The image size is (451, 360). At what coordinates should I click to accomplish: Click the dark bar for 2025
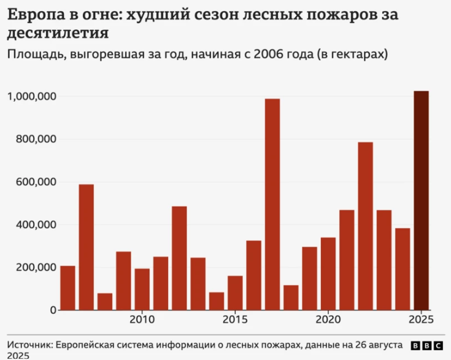[x=421, y=201]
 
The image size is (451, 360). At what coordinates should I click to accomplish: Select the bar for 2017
[x=272, y=204]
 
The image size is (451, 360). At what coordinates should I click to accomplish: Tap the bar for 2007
[x=87, y=247]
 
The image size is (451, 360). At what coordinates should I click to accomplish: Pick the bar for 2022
[x=365, y=226]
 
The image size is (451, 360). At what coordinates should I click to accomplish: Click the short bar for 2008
[x=105, y=302]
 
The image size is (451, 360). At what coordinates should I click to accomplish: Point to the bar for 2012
[x=179, y=258]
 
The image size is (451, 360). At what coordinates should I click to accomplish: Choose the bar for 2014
[x=217, y=301]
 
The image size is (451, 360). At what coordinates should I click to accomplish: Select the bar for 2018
[x=291, y=297]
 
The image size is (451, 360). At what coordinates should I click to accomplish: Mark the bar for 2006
[x=67, y=288]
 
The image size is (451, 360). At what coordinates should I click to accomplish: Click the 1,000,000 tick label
[x=32, y=96]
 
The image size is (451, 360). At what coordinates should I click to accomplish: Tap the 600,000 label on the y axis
[x=36, y=182]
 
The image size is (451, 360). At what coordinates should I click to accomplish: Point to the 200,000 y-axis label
[x=36, y=267]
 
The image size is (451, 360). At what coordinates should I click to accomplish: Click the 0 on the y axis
[x=53, y=310]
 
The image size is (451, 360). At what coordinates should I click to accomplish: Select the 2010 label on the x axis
[x=142, y=320]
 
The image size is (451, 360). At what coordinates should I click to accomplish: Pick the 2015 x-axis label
[x=235, y=320]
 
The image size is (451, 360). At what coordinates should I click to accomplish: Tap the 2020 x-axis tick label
[x=328, y=320]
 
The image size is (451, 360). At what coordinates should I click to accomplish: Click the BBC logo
[x=428, y=345]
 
